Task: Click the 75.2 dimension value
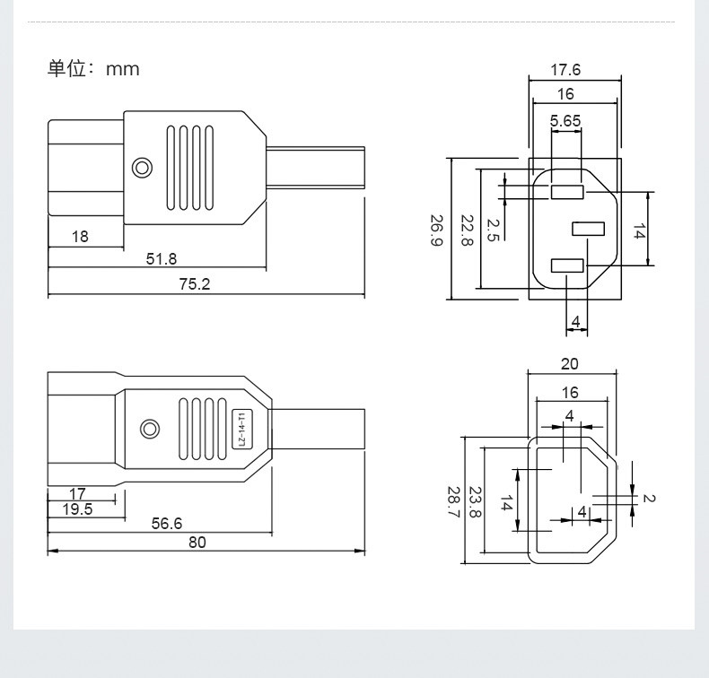195,284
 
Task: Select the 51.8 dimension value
162,259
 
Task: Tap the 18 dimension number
80,236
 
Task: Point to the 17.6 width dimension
565,70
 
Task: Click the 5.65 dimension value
565,120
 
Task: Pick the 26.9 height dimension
436,230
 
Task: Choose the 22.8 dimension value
467,230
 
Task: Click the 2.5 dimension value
493,230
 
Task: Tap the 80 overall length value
197,542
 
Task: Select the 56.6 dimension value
167,524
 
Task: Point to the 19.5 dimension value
77,509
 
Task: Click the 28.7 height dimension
453,502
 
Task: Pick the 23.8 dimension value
475,502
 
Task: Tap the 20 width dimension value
569,363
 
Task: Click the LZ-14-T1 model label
241,429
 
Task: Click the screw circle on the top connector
142,168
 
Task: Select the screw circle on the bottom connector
150,429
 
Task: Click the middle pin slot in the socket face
588,229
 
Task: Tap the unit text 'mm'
123,70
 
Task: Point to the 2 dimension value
649,498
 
